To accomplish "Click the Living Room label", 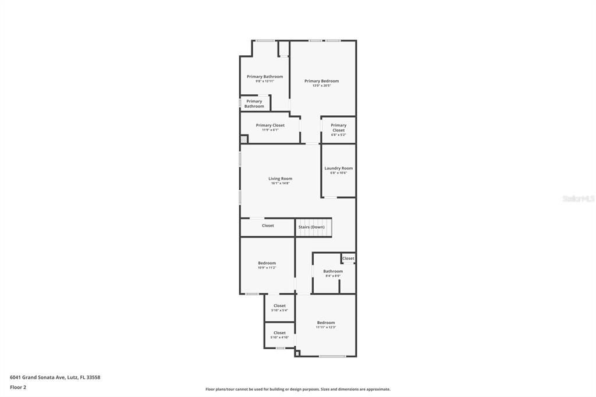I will click(x=280, y=179).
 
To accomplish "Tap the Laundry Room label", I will click(x=338, y=168).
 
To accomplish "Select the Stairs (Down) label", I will click(x=311, y=226).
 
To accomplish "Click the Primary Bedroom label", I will click(x=321, y=81).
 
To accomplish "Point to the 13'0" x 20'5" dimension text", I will click(x=321, y=86).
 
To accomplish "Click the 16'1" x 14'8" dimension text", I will click(x=280, y=183).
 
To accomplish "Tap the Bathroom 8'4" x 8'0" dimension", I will click(x=333, y=276).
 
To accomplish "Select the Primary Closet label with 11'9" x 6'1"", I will click(x=270, y=125).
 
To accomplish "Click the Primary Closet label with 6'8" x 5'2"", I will click(x=338, y=127).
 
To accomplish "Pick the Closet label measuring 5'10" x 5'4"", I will click(x=279, y=306).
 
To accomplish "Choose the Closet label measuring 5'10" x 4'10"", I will click(x=279, y=333).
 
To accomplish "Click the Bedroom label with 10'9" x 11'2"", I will click(x=267, y=263).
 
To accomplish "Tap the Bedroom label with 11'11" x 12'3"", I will click(x=326, y=322).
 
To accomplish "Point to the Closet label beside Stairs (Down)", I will click(x=268, y=225).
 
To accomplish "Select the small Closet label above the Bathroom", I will click(x=348, y=258).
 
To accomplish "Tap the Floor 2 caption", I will click(x=18, y=387).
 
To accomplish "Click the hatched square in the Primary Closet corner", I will click(x=244, y=139).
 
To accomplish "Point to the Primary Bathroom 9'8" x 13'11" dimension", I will click(x=265, y=81).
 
